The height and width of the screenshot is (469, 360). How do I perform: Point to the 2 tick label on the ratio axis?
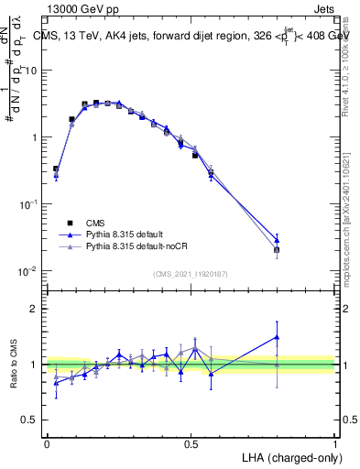35,309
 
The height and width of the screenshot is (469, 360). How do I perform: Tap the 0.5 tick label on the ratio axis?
31,420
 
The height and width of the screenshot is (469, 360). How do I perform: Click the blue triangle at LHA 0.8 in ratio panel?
277,337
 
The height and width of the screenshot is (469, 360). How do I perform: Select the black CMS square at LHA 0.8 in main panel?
277,249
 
